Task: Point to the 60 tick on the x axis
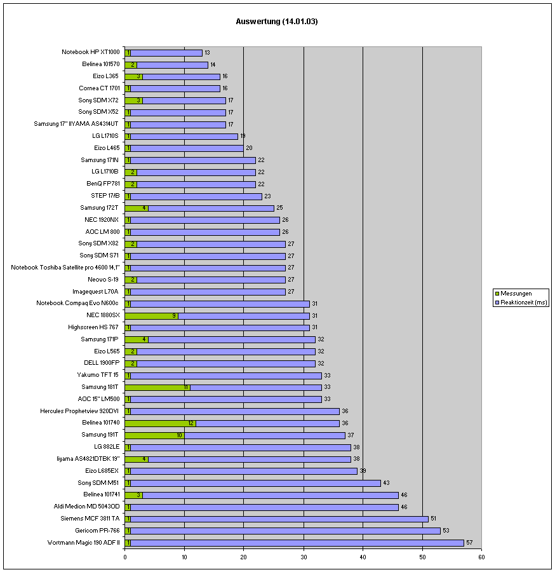tap(482, 557)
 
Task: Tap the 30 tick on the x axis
tap(304, 557)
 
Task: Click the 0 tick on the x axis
tap(125, 557)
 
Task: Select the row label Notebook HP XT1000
tap(90, 52)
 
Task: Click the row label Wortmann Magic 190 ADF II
tap(83, 542)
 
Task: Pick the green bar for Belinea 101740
tap(160, 423)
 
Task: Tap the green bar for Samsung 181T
tap(157, 387)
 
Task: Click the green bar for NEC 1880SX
tap(151, 315)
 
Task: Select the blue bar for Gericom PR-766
tap(285, 531)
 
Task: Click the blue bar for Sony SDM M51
tap(255, 483)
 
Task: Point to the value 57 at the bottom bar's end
tap(469, 542)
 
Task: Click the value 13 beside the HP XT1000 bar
tap(207, 53)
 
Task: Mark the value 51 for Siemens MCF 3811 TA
tap(434, 519)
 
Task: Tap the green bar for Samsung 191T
tap(154, 435)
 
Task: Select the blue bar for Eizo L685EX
tap(244, 471)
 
